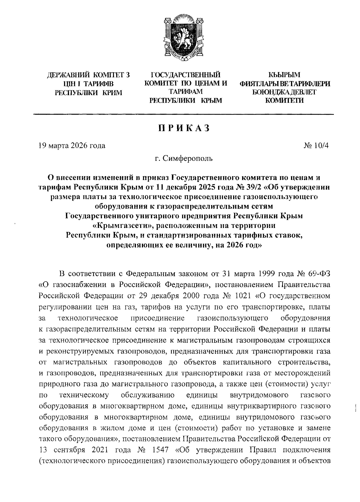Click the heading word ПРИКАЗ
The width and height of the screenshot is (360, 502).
click(183, 128)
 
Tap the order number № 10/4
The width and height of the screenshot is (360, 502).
click(316, 146)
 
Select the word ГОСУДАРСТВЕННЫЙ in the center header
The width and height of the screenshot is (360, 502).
click(185, 74)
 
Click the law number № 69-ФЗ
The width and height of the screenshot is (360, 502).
click(314, 274)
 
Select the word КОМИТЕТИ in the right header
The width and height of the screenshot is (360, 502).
click(284, 101)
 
